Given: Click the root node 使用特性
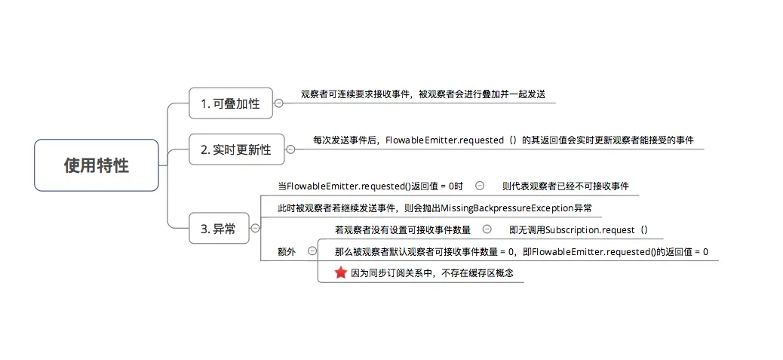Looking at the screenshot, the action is click(x=96, y=165).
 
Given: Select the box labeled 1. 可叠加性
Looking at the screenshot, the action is click(x=230, y=103).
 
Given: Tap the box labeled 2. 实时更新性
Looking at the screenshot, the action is click(x=235, y=149).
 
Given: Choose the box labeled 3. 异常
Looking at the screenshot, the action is click(x=219, y=229).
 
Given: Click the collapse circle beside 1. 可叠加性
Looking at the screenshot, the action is click(x=278, y=103).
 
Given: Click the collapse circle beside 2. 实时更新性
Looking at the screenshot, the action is click(x=290, y=149).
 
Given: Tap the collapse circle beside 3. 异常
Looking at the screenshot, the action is click(x=255, y=228).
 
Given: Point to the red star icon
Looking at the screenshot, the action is click(x=340, y=272).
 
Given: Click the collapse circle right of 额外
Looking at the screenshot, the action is click(x=312, y=251).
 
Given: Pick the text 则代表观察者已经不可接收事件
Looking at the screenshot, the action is click(x=565, y=186).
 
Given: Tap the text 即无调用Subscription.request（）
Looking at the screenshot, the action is click(x=579, y=229).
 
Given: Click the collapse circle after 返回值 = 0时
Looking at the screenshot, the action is click(x=480, y=186).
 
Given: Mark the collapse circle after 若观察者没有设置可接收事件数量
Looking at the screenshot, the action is click(x=487, y=229).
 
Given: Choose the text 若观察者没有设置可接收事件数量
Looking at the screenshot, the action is click(x=402, y=229).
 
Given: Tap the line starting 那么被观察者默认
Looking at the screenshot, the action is click(x=521, y=251).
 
